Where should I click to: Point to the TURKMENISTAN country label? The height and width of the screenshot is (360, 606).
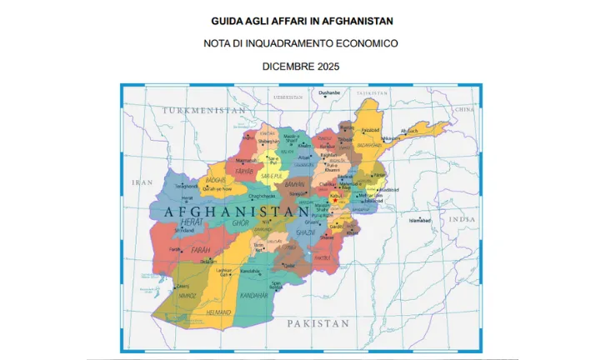(204, 110)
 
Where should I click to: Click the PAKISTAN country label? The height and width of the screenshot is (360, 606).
(317, 322)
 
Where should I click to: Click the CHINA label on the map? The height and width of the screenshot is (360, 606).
(463, 109)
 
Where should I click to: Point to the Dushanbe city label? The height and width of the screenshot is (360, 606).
(329, 92)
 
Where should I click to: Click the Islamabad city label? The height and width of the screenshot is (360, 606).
(419, 221)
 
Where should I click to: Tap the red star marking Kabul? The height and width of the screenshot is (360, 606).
(335, 199)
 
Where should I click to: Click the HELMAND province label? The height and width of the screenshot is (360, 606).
(195, 312)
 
